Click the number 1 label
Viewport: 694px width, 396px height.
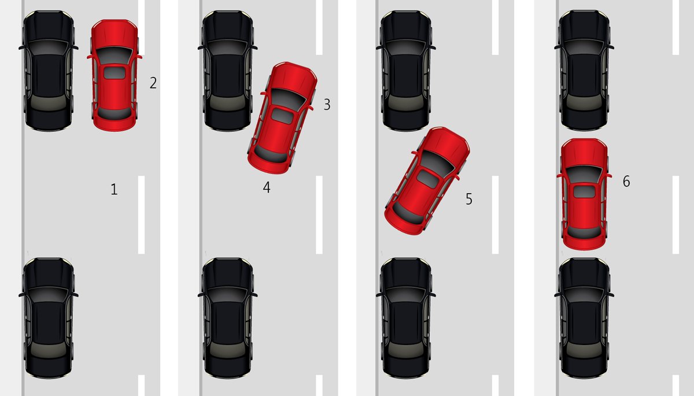[x=114, y=189]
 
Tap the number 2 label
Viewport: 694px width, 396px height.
[x=153, y=83]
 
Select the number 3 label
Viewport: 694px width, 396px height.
[x=327, y=105]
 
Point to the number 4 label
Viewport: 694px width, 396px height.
[x=267, y=187]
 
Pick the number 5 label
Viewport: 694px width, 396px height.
[x=469, y=199]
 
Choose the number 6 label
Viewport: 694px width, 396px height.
[x=626, y=182]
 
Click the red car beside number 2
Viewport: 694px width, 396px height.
[x=115, y=75]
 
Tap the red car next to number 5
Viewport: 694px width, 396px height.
[x=427, y=180]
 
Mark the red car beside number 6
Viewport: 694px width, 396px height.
[x=584, y=194]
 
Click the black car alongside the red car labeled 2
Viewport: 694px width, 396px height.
[x=49, y=69]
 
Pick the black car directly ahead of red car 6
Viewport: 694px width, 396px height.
[x=585, y=69]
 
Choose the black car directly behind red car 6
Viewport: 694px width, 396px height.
[x=585, y=318]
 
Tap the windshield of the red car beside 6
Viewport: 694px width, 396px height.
[x=584, y=173]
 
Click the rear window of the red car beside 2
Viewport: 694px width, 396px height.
[x=115, y=110]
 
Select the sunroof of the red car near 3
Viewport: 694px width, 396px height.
[x=283, y=115]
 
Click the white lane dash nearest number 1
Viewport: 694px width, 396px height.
[x=141, y=214]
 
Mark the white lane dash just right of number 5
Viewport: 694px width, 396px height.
[x=494, y=214]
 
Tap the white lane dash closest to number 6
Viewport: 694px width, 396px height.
[x=675, y=214]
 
